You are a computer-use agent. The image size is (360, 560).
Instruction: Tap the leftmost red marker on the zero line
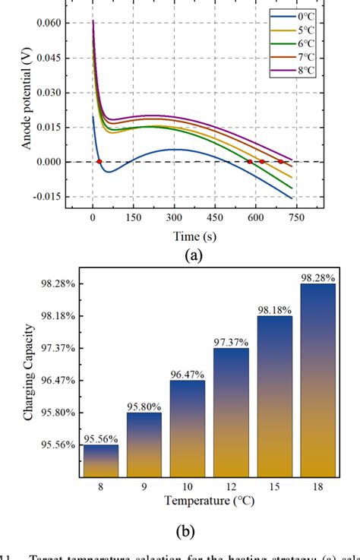point(99,161)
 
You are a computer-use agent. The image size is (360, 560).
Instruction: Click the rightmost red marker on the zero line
point(280,161)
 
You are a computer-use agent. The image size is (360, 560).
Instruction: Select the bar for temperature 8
point(100,460)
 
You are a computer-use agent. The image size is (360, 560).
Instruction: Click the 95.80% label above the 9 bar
point(144,407)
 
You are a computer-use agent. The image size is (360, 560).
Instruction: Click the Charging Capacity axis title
point(27,380)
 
